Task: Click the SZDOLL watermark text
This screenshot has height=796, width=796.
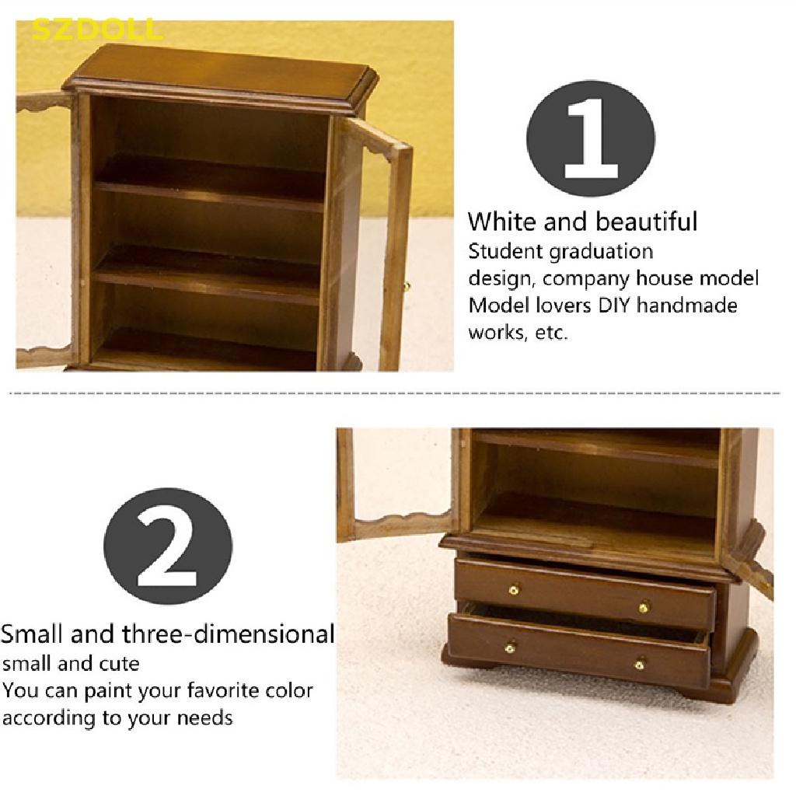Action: pos(97,30)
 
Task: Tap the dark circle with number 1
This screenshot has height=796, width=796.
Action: pos(591,138)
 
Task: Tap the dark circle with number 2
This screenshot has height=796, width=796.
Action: pos(168,546)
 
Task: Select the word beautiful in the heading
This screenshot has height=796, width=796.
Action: pos(646,222)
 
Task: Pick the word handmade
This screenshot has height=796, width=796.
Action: pos(687,305)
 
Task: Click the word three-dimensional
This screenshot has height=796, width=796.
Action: pos(228,634)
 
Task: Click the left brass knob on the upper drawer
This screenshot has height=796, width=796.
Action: pos(514,589)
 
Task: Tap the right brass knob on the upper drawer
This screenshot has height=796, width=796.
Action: pos(644,606)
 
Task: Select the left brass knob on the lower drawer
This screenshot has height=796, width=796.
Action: pos(511,648)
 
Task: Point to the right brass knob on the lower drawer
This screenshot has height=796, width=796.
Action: pos(641,664)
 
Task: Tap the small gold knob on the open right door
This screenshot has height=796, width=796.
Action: pos(406,288)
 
